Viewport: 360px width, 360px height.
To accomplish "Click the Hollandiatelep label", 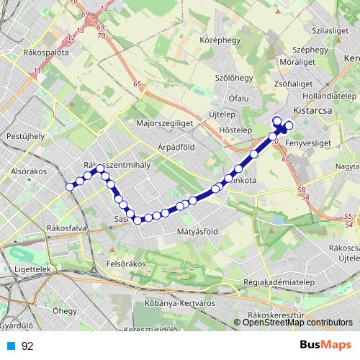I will [330, 95].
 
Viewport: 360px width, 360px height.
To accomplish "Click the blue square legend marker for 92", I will [10, 346].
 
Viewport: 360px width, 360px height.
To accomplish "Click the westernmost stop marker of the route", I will [70, 186].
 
